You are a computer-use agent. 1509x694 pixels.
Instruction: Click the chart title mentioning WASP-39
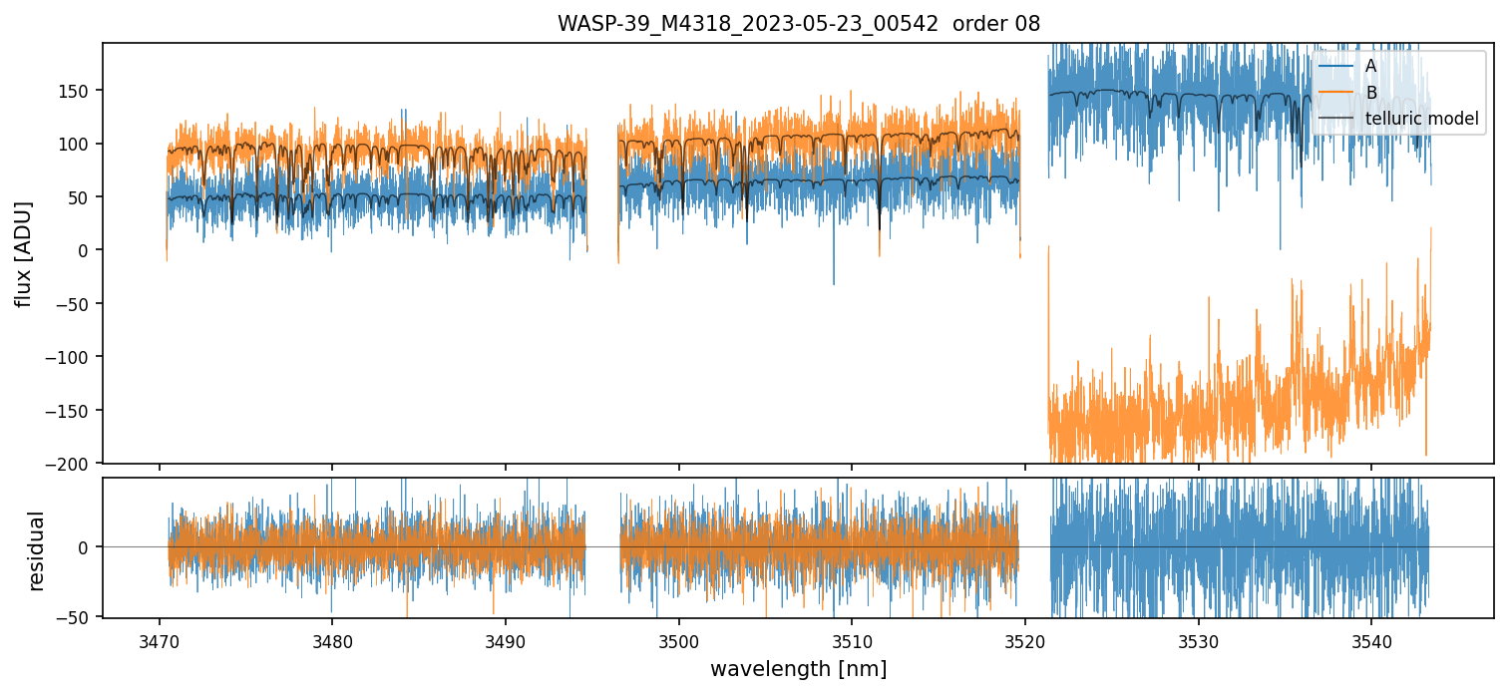coord(798,24)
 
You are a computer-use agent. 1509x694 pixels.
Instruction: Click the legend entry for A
coord(1370,66)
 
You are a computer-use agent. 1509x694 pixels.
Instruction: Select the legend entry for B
coord(1370,93)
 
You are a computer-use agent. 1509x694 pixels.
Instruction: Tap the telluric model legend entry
coord(1421,120)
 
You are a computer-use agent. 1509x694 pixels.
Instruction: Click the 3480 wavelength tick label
coord(332,639)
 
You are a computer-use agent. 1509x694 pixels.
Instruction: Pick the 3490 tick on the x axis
coord(506,639)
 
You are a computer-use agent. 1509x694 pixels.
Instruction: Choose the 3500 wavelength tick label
coord(679,639)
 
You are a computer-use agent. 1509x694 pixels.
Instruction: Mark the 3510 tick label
coord(852,639)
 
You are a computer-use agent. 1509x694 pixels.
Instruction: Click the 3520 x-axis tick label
coord(1025,639)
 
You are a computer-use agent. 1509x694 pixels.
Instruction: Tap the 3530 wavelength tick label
coord(1198,639)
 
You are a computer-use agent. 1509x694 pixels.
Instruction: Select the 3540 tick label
coord(1371,639)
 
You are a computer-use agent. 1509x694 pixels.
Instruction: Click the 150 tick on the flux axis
coord(78,91)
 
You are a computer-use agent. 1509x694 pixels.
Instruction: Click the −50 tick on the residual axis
coord(78,618)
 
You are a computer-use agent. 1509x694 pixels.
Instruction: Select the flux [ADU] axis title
coord(23,253)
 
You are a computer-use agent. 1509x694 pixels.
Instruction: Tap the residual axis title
coord(37,550)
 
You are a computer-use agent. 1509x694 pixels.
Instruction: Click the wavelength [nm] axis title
coord(798,669)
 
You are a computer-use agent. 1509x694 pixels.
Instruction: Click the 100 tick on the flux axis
coord(78,144)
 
